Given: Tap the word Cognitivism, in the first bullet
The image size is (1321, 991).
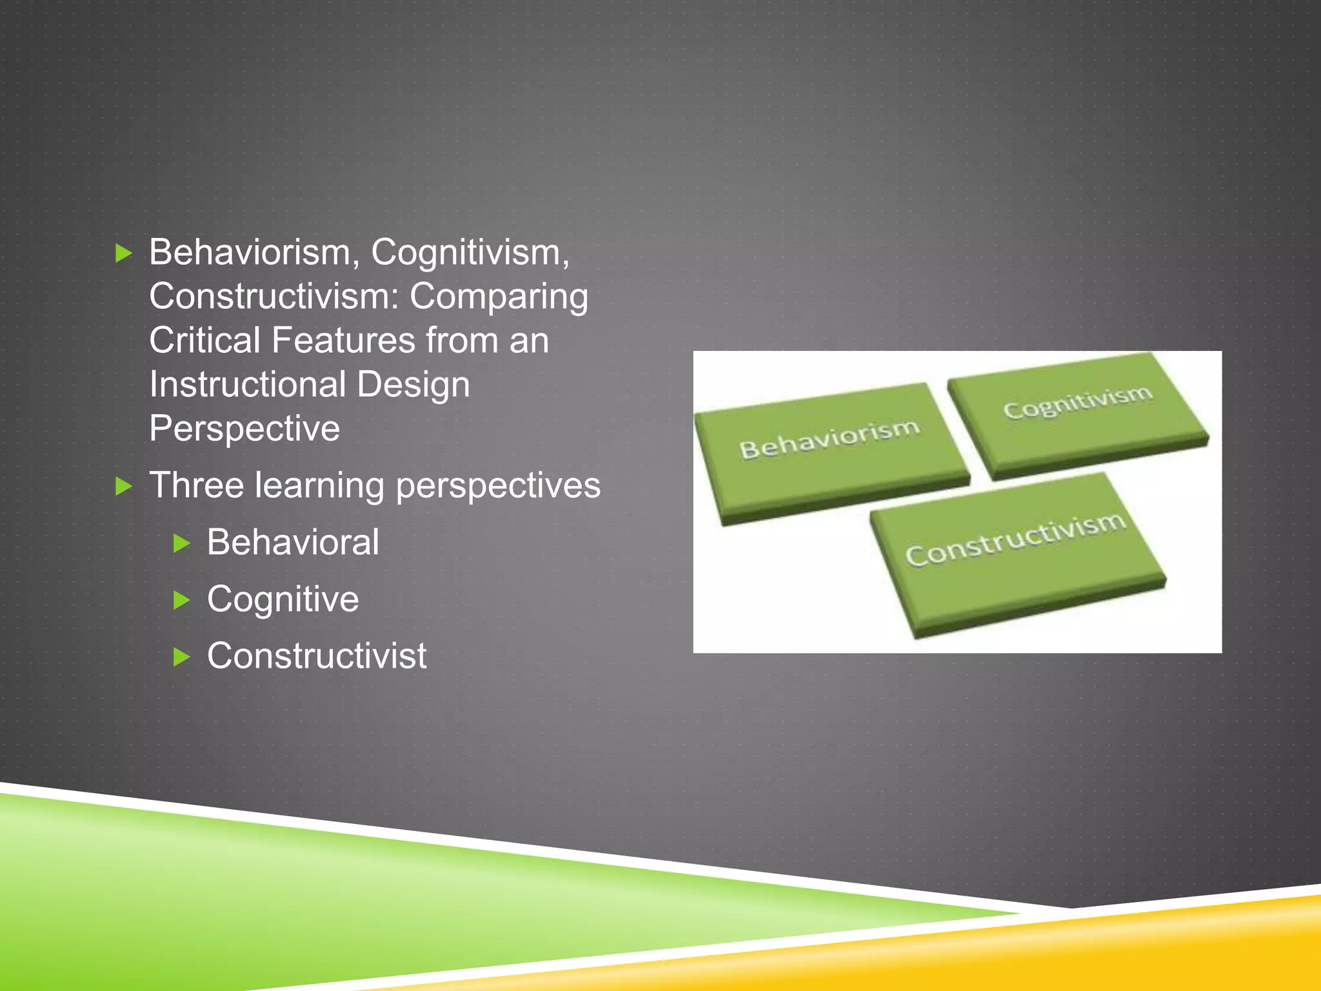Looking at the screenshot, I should click(470, 252).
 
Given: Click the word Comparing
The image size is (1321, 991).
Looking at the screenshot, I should click(499, 297).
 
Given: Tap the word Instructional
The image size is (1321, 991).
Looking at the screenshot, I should click(248, 385).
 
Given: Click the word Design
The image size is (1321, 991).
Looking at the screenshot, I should click(413, 385).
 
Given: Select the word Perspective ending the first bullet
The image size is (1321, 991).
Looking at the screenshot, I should click(244, 428).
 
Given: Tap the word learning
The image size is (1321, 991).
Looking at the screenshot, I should click(320, 486).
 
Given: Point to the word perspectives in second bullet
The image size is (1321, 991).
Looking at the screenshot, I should click(498, 486).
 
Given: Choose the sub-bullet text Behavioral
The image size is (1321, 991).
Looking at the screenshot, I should click(293, 542).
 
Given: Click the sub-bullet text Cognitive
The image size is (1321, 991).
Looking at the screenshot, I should click(283, 599).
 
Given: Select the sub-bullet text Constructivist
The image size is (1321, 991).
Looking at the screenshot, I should click(317, 656).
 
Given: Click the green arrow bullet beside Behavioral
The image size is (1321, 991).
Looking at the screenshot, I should click(182, 543).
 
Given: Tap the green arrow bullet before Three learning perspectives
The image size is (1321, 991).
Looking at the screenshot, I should click(123, 486).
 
